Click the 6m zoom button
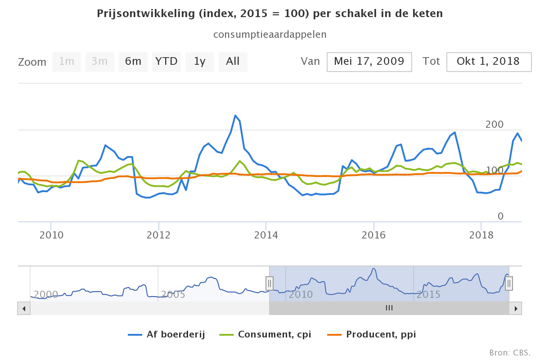point(133,62)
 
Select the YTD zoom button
point(166,62)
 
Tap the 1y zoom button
point(200,62)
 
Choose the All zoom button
point(233,62)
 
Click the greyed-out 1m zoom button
point(67,62)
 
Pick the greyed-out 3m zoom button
point(100,62)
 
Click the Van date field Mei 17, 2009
point(369,62)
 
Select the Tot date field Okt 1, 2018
point(488,62)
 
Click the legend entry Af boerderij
point(166,334)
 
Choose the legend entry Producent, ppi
point(374,334)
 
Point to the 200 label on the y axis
point(495,125)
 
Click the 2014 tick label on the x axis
point(266,235)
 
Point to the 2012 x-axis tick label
point(158,235)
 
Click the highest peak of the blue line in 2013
point(235,116)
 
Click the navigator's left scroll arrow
point(24,308)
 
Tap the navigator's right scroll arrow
point(516,308)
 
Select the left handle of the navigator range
point(269,283)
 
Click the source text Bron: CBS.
point(510,352)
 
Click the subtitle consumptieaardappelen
point(270,34)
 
